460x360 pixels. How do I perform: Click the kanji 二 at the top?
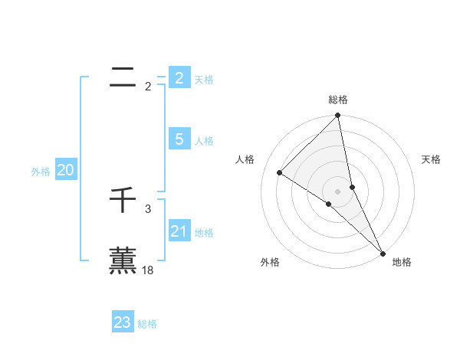coord(123,76)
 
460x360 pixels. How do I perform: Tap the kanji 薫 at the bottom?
coord(123,260)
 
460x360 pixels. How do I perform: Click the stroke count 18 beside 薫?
coord(148,270)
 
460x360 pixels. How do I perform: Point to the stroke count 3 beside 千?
coord(148,208)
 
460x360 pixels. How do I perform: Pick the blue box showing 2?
coord(179,77)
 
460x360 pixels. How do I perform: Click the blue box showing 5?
coord(179,139)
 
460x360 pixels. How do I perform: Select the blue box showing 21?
coord(179,231)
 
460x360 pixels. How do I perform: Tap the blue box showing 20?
coord(65,170)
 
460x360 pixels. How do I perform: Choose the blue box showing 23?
coord(123,322)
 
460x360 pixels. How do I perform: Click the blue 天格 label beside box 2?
coord(204,80)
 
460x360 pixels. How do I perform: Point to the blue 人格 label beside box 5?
coord(204,141)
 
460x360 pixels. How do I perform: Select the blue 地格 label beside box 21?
coord(204,233)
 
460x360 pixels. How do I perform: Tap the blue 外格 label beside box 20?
coord(41,172)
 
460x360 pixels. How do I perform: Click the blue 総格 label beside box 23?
coord(147,325)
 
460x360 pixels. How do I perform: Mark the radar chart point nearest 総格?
coord(338,116)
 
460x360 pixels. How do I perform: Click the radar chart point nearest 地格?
coord(382,253)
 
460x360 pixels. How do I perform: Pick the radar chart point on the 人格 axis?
coord(280,172)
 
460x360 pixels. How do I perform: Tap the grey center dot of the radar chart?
coord(338,191)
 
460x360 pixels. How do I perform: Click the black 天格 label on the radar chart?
coord(432,159)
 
